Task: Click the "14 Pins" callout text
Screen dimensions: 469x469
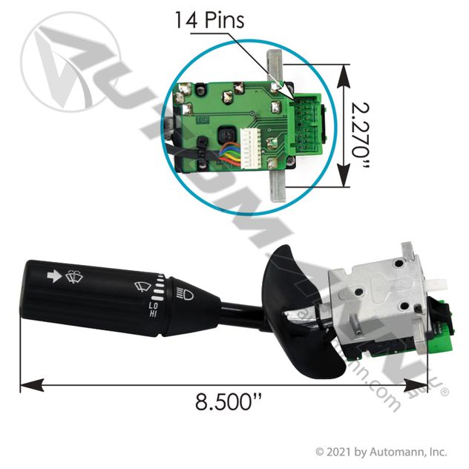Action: click(x=209, y=20)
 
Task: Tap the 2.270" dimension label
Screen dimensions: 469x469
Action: click(x=361, y=136)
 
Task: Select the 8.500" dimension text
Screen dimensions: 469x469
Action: click(x=229, y=401)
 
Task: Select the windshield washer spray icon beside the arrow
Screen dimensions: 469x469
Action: click(x=74, y=277)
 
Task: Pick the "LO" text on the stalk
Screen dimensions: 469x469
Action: click(x=153, y=306)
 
